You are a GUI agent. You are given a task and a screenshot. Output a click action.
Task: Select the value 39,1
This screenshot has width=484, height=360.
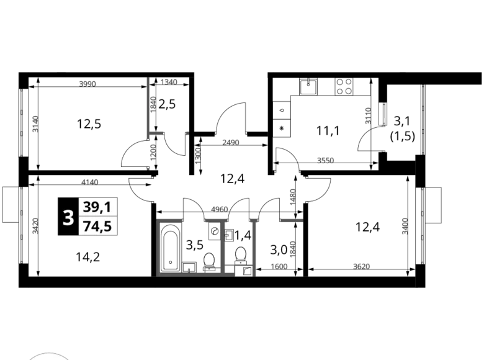point(98,207)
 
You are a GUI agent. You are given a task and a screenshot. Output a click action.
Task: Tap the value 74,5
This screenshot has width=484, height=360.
point(98,227)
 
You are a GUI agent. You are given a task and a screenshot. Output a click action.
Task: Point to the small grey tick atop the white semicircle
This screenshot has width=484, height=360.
point(50,350)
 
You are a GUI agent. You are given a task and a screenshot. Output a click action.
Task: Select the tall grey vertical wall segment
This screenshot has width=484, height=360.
point(148,112)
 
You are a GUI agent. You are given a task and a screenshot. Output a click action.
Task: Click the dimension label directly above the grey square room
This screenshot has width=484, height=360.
point(218,208)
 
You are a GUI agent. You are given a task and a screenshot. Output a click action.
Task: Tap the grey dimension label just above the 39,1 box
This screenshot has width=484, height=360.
point(89,182)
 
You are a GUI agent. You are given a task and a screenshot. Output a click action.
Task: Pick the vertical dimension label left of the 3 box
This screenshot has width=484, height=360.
point(35,225)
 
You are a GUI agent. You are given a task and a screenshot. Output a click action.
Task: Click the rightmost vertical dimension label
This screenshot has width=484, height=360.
point(404,226)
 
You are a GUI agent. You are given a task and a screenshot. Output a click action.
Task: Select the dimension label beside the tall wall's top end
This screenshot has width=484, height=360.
point(168,81)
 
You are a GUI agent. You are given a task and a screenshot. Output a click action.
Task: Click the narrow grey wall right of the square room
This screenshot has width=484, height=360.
point(253,245)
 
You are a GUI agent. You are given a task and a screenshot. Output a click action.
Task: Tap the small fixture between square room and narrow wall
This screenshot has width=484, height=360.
point(228,236)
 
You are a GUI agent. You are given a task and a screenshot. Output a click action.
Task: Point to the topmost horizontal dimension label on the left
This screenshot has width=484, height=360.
point(87,83)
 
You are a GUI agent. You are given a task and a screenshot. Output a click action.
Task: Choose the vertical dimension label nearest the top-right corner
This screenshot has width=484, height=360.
point(367,116)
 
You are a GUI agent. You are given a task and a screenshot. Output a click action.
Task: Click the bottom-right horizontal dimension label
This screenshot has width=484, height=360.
point(362,268)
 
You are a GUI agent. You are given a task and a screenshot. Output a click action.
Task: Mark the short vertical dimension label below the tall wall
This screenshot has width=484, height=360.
point(153,152)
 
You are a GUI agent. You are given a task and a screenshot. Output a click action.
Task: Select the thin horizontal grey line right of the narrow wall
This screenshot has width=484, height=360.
point(290,220)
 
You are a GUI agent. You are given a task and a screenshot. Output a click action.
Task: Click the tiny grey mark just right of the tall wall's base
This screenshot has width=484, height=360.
point(160,133)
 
